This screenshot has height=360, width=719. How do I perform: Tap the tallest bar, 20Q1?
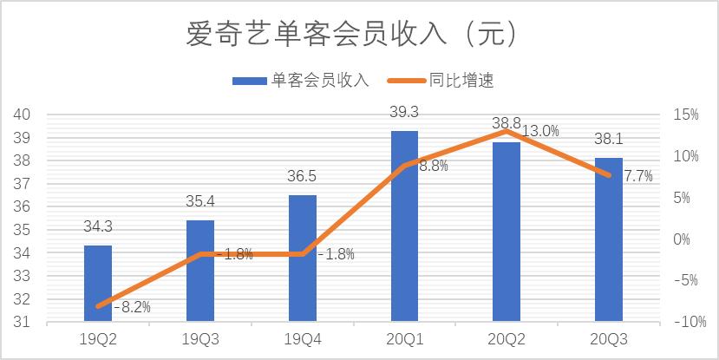tap(404, 226)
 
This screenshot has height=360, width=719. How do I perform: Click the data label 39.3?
tap(404, 113)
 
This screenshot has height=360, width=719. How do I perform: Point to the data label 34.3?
tap(98, 228)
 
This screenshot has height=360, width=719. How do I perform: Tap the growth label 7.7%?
tap(639, 176)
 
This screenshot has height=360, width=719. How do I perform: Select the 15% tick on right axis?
tap(684, 115)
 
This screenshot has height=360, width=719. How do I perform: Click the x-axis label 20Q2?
tap(507, 339)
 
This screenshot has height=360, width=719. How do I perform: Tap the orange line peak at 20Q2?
tap(507, 131)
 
